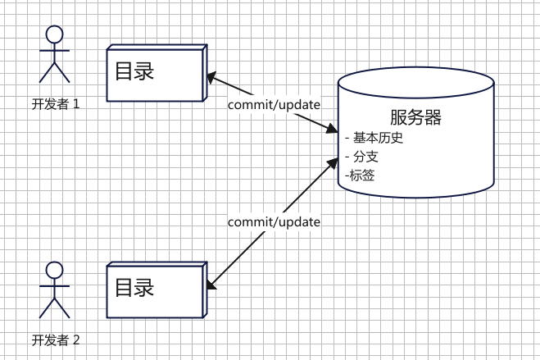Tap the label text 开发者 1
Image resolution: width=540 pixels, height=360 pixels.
[x=55, y=104]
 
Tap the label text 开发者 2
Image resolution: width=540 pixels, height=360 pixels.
[x=55, y=339]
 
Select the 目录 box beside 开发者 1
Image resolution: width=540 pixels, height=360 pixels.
[x=156, y=75]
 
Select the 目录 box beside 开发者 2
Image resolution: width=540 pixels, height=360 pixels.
[x=156, y=290]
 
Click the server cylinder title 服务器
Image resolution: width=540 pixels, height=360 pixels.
[x=415, y=117]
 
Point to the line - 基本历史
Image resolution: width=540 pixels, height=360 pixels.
[x=375, y=137]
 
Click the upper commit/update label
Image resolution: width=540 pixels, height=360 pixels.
[x=274, y=104]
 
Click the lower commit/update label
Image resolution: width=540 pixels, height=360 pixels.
[x=274, y=222]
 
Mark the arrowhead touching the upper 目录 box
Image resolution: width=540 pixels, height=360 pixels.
[x=211, y=80]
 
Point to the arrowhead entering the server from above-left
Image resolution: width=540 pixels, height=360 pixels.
[x=331, y=130]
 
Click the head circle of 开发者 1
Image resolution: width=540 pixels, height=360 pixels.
[x=55, y=34]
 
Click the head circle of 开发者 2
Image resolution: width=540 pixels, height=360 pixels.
[x=55, y=270]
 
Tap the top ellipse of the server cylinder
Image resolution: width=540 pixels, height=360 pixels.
[x=415, y=83]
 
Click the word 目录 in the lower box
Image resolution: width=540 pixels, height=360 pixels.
[x=134, y=288]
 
